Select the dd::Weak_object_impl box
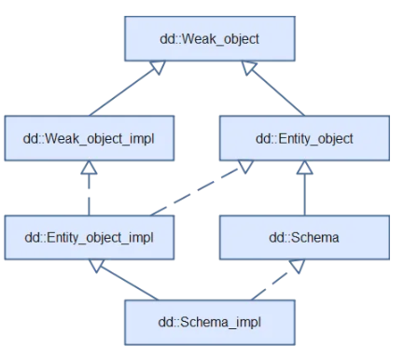[x=88, y=138]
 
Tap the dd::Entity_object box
[x=303, y=138]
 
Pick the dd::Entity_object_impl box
[x=88, y=237]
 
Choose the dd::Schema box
[x=303, y=237]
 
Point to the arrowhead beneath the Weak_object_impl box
[x=88, y=168]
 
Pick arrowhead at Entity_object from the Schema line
[x=303, y=168]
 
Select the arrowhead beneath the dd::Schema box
[x=298, y=265]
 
